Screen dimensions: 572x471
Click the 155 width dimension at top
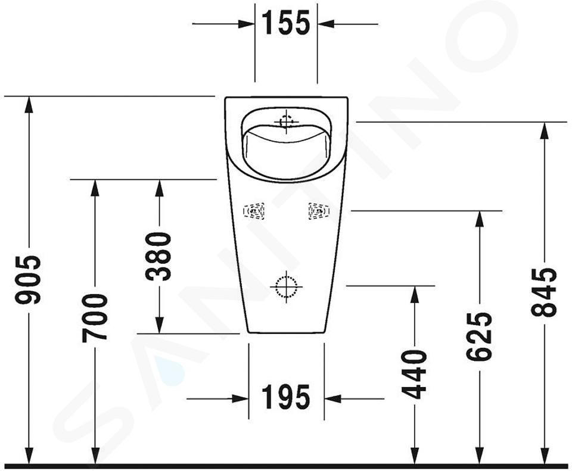point(286,23)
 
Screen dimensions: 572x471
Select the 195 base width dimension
point(286,397)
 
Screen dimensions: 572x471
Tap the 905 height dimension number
point(28,280)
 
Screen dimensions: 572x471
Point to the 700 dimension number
point(95,318)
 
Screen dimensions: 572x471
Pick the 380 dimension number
point(158,256)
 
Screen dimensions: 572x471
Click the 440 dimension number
point(414,375)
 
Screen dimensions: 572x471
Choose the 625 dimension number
point(479,336)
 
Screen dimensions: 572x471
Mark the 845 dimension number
point(544,292)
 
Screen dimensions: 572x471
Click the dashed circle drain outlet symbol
point(287,286)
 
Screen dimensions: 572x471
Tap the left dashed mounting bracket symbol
point(254,211)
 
